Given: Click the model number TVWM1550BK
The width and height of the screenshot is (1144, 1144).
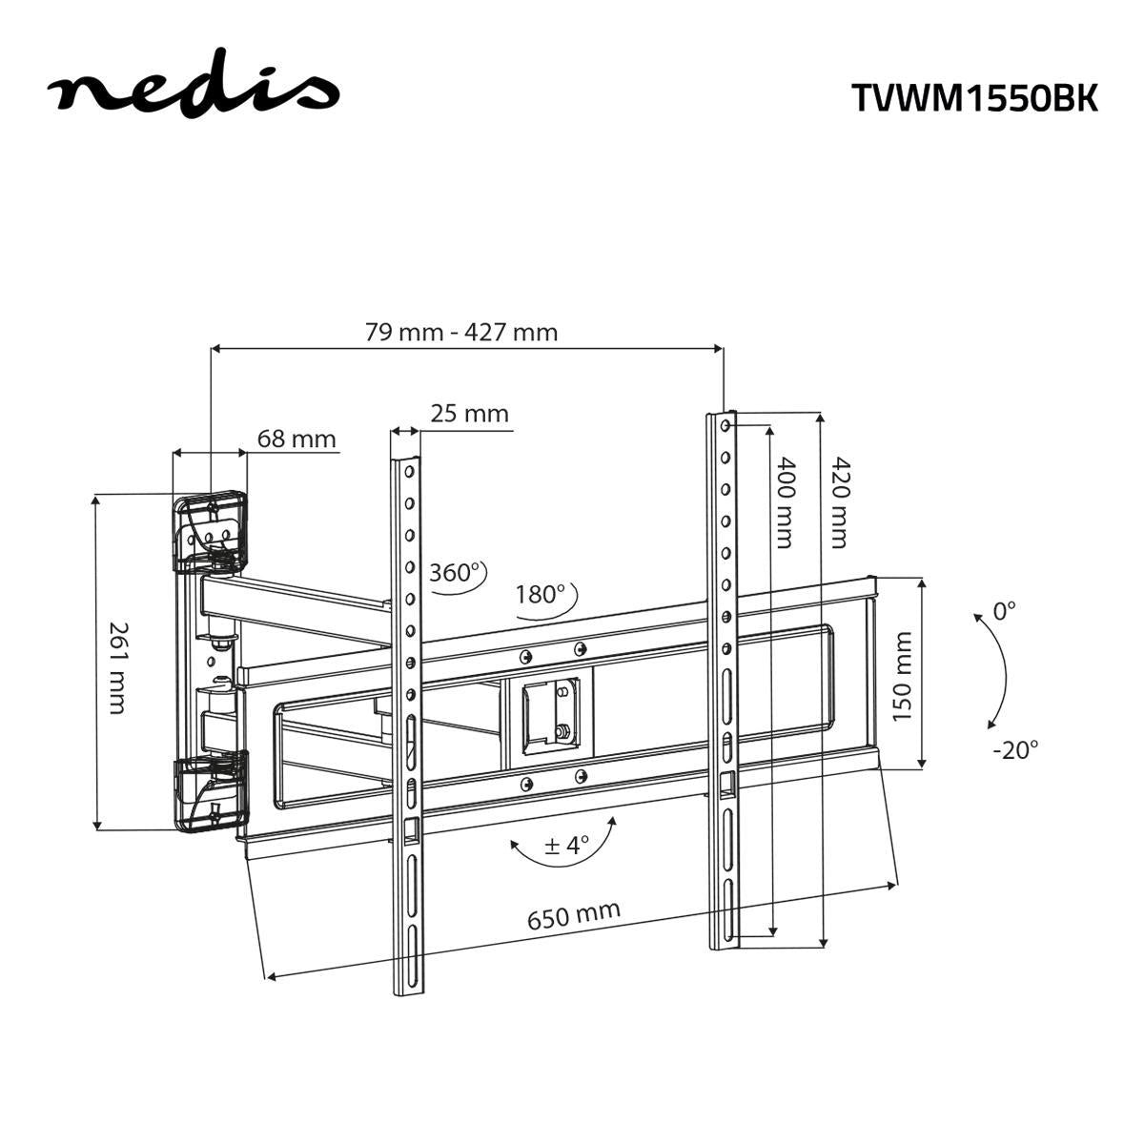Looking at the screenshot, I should coord(973,97).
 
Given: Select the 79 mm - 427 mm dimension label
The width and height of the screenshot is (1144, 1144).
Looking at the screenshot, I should coord(461,332).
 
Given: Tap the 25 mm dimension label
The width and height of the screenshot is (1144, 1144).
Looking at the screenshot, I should coord(469,414).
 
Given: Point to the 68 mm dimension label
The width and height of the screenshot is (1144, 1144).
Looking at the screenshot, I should coord(296,439).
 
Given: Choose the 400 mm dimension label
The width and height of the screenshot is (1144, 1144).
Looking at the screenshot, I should coord(784,502).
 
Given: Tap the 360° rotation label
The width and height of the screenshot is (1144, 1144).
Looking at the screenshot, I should coord(455,573).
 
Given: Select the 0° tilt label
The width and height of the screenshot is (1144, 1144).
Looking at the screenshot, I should coord(1005,611).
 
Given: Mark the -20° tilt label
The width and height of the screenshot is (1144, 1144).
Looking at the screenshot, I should coord(1014,749).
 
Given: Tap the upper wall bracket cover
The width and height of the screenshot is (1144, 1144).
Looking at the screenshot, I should coord(210,530).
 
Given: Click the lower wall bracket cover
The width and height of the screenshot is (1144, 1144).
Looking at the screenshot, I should coord(211,791).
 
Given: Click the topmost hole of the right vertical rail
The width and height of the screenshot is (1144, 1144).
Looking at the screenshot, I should coord(726,424).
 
